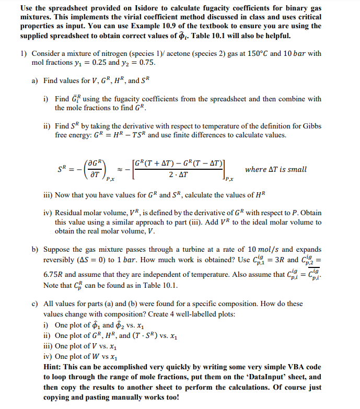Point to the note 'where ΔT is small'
275,169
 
